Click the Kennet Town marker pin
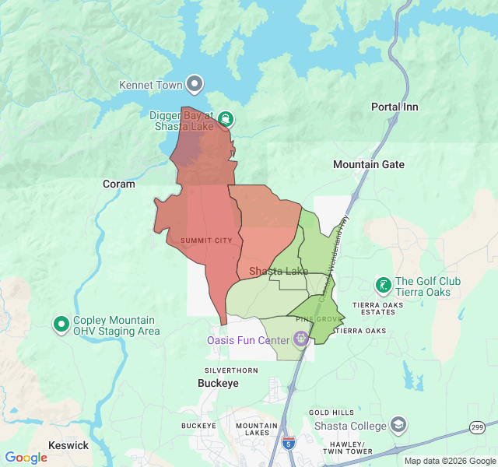(195, 84)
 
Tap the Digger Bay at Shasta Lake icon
(225, 118)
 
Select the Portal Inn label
(395, 107)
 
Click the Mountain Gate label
(368, 164)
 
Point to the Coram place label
(118, 184)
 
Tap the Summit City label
(206, 241)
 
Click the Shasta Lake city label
(278, 271)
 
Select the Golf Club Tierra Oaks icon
(383, 285)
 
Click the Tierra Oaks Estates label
(378, 309)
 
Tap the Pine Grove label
(319, 319)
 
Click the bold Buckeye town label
(217, 384)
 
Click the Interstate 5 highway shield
(289, 441)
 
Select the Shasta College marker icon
(398, 425)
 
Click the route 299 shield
(477, 427)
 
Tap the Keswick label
(68, 445)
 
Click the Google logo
(26, 458)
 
